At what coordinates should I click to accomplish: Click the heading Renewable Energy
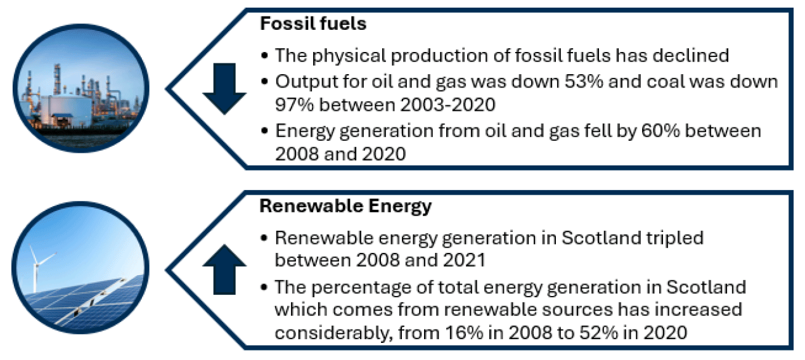tap(346, 205)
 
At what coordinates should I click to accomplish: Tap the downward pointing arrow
tap(224, 88)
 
